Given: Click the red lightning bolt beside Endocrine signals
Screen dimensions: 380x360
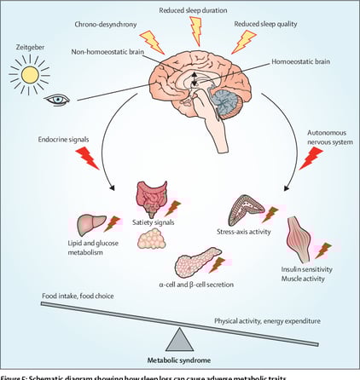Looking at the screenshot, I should pyautogui.click(x=87, y=157).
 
